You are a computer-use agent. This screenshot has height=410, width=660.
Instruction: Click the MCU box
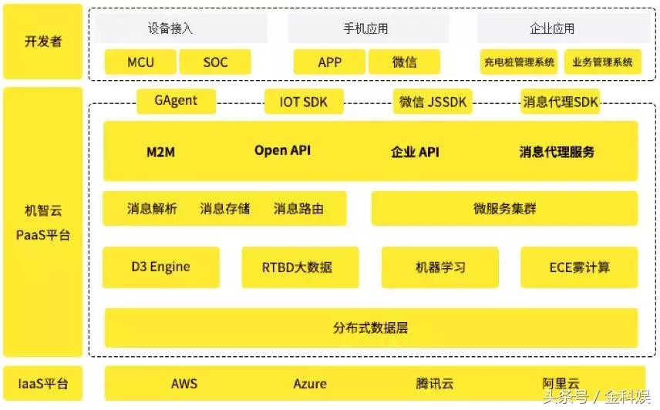[140, 62]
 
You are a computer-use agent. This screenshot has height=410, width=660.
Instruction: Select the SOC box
[215, 62]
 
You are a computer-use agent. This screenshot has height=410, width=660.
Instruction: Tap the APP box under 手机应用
[329, 62]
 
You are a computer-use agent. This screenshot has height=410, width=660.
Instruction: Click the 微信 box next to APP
[404, 62]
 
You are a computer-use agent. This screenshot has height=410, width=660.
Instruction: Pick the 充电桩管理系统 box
[519, 62]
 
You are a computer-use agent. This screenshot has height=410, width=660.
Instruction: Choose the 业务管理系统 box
[602, 62]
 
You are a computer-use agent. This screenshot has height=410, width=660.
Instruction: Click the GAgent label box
[176, 101]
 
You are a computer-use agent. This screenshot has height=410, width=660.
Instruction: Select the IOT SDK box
[303, 102]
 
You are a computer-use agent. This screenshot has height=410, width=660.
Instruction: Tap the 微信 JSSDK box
[433, 102]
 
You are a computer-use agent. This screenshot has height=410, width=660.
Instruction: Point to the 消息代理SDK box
[561, 102]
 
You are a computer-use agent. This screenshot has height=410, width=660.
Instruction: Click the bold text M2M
[160, 152]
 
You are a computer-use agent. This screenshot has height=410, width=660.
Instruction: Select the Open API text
[282, 151]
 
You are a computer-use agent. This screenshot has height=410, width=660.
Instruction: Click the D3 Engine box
[160, 267]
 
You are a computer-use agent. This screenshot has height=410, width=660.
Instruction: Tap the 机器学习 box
[440, 267]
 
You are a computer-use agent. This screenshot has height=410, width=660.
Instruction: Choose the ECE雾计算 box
[579, 267]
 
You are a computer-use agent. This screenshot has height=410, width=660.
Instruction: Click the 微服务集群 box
[504, 209]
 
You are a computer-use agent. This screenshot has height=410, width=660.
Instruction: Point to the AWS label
[184, 384]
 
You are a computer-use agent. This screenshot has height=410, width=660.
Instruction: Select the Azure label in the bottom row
[310, 384]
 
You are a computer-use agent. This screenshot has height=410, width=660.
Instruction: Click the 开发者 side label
[43, 42]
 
